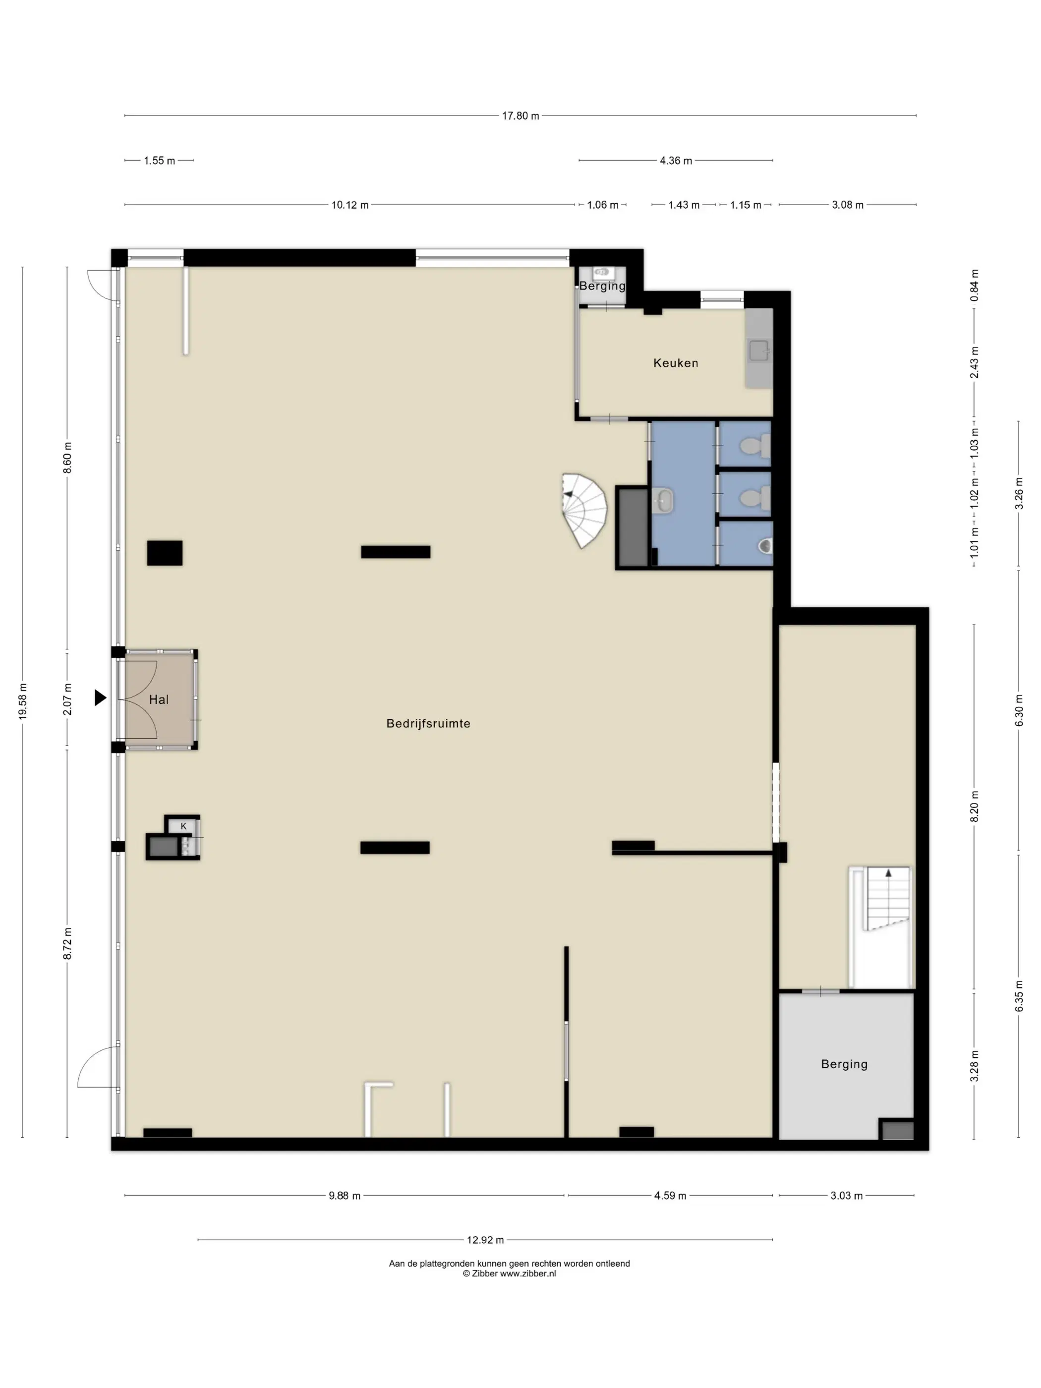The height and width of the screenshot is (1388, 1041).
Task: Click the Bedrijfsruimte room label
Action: [x=428, y=723]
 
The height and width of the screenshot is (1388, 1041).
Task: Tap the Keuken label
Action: [x=675, y=363]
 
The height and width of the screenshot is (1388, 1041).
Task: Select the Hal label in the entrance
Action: [x=159, y=699]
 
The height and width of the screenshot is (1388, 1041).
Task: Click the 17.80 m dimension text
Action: [x=520, y=116]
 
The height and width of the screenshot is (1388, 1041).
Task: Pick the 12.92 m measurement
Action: [x=485, y=1240]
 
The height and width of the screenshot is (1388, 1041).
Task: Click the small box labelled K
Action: [x=183, y=826]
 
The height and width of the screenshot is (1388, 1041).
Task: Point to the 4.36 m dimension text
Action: [x=676, y=161]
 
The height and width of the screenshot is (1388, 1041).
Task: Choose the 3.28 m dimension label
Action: [x=975, y=1066]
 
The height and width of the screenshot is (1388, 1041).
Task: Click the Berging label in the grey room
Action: [x=844, y=1064]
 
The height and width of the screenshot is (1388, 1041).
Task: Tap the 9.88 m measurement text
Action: [x=345, y=1195]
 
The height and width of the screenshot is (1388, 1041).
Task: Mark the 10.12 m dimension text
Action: [x=350, y=205]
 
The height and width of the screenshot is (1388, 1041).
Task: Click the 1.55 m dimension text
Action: [x=160, y=161]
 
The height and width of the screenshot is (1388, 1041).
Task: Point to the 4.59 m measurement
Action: [x=670, y=1195]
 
